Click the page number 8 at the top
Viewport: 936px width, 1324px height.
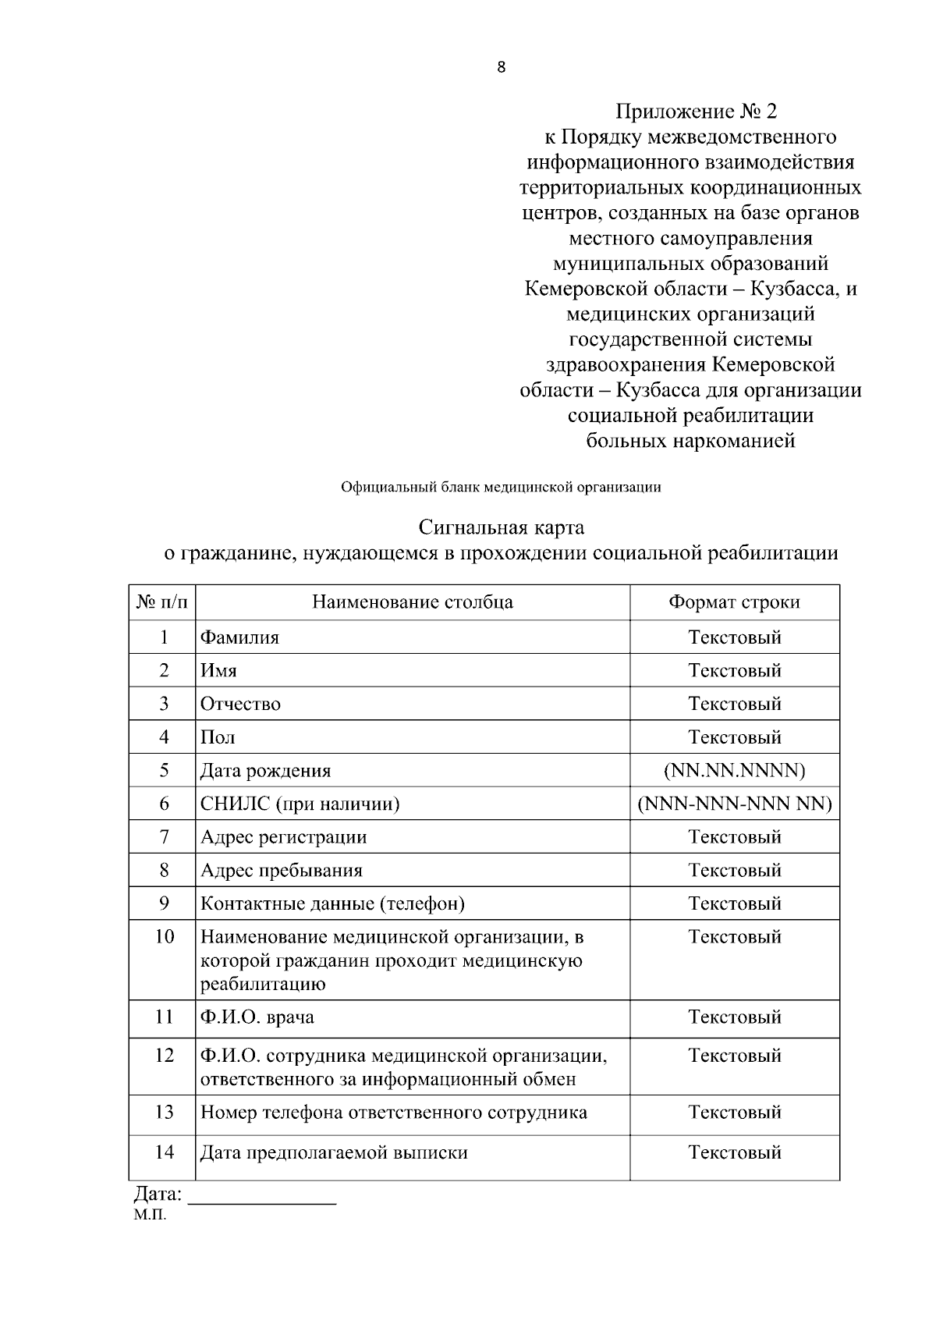click(501, 67)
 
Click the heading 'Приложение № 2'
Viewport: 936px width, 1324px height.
click(697, 112)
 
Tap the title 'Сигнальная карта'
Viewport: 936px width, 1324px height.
click(501, 528)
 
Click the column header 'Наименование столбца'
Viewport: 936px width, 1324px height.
click(412, 602)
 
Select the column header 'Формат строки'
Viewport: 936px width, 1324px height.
click(733, 602)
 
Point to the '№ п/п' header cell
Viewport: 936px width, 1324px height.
click(162, 602)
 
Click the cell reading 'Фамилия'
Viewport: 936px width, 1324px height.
click(239, 637)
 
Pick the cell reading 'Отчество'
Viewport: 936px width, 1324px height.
click(240, 704)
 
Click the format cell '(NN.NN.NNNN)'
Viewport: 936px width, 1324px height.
click(733, 771)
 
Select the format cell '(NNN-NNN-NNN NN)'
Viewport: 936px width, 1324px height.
click(734, 804)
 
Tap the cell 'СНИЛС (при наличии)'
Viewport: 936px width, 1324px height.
click(300, 804)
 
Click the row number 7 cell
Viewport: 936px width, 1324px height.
click(163, 837)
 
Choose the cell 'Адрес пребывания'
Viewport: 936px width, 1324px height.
click(281, 871)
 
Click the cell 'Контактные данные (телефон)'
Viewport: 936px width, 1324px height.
click(332, 904)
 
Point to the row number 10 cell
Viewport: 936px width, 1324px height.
click(163, 937)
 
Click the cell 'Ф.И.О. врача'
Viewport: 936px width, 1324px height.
click(257, 1017)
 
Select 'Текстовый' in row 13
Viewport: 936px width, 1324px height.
click(734, 1113)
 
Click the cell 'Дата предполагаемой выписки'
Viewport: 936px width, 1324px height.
click(334, 1153)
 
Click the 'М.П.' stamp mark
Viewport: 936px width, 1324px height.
click(150, 1216)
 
